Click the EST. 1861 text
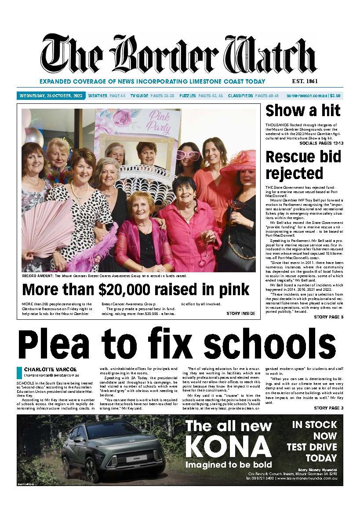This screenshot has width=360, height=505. click(304, 81)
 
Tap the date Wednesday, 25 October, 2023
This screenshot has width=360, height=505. click(51, 95)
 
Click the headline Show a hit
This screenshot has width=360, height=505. click(303, 111)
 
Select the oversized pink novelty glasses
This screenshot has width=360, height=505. click(188, 155)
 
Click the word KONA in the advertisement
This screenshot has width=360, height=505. click(228, 447)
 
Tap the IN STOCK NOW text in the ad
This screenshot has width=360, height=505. click(314, 430)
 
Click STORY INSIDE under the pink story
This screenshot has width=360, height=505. click(241, 314)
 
